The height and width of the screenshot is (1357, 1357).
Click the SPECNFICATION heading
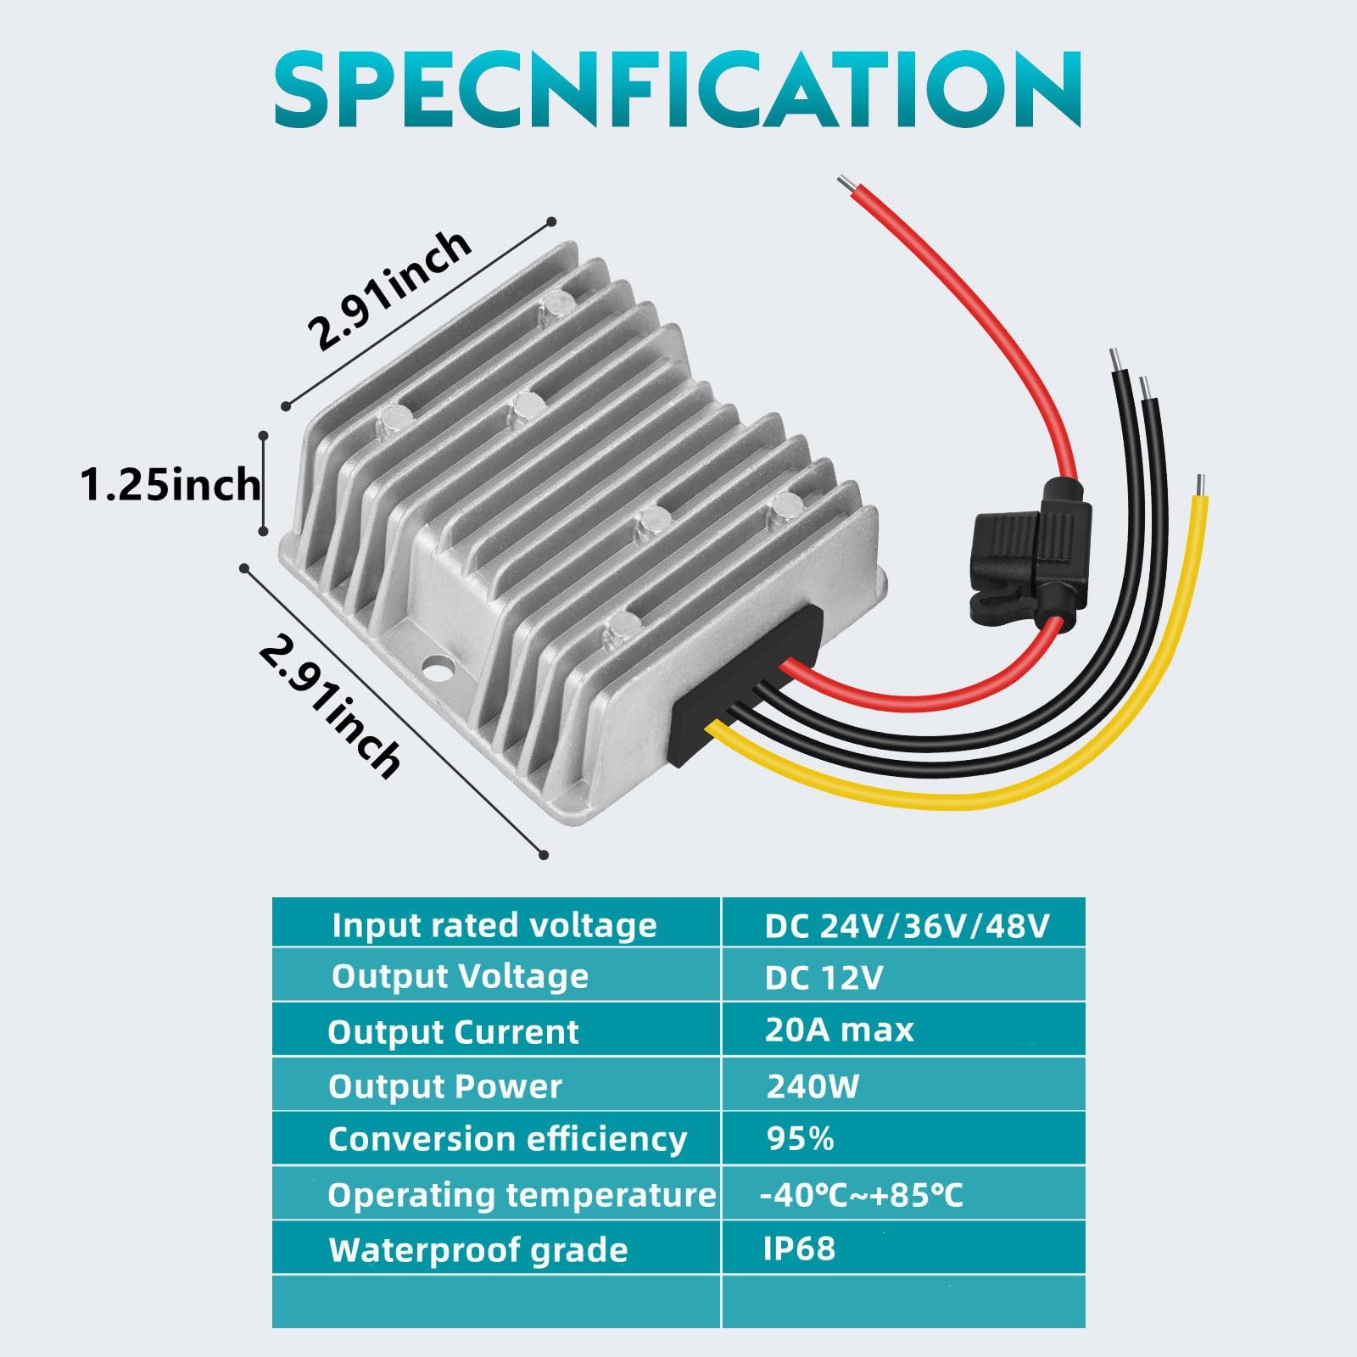pyautogui.click(x=677, y=88)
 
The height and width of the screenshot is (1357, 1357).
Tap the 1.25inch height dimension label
pyautogui.click(x=170, y=485)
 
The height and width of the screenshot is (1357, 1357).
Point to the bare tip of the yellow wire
pyautogui.click(x=1200, y=485)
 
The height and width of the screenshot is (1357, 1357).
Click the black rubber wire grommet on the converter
pyautogui.click(x=746, y=687)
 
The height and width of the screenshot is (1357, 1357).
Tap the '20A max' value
pyautogui.click(x=839, y=1030)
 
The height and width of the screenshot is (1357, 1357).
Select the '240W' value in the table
pyautogui.click(x=813, y=1086)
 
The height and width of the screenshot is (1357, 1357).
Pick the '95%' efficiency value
pyautogui.click(x=800, y=1139)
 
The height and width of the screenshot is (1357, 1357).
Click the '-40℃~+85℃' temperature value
pyautogui.click(x=861, y=1195)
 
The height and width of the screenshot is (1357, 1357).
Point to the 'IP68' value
pyautogui.click(x=799, y=1248)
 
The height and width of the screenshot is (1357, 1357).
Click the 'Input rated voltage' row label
pyautogui.click(x=494, y=925)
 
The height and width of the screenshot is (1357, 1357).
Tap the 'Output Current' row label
pyautogui.click(x=453, y=1032)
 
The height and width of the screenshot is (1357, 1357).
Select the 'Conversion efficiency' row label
pyautogui.click(x=507, y=1139)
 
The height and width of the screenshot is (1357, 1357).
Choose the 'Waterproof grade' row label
pyautogui.click(x=478, y=1251)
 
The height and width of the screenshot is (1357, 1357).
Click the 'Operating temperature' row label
pyautogui.click(x=522, y=1196)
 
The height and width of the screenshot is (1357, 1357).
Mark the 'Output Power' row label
pyautogui.click(x=445, y=1086)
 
